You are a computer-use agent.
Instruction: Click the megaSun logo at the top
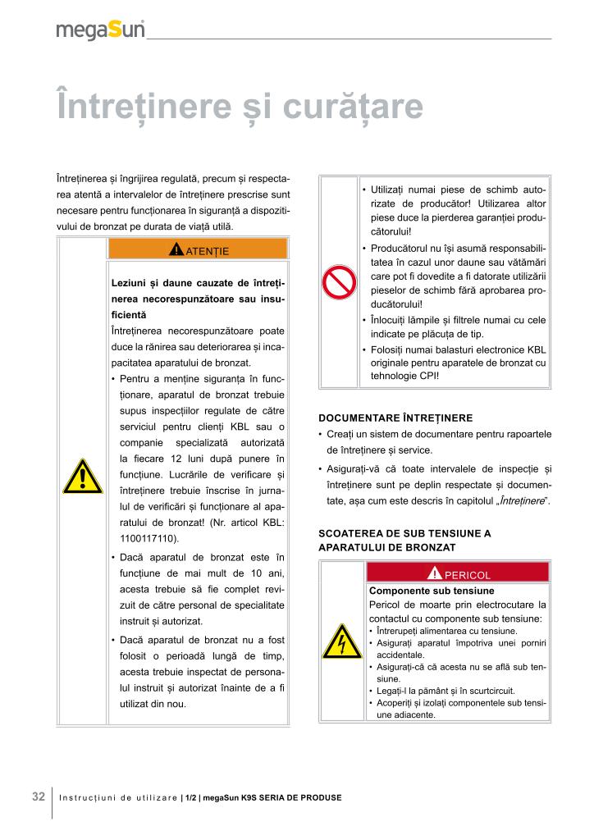pos(100,30)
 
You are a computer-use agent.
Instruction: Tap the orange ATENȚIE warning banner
pos(198,249)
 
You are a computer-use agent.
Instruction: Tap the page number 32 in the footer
pos(39,797)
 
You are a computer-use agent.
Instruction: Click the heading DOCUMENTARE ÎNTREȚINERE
pos(395,418)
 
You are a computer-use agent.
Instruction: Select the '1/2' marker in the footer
pos(190,798)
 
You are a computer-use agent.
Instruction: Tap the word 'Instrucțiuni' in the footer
pos(87,798)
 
